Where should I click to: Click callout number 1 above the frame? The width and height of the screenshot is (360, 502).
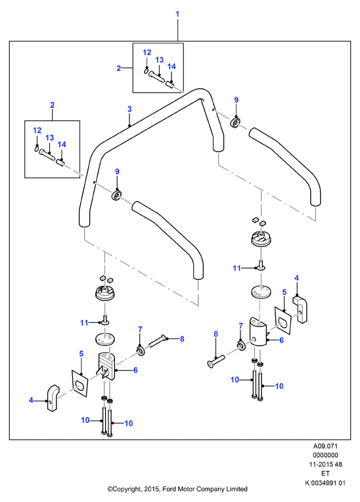[177, 14]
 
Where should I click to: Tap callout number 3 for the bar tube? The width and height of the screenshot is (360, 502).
[129, 109]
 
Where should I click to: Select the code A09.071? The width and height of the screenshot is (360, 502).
[325, 446]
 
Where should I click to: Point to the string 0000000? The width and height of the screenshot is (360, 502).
[325, 455]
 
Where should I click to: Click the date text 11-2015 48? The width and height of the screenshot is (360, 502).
[325, 465]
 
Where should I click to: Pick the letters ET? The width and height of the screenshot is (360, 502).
[325, 473]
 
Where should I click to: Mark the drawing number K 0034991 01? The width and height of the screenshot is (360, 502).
[325, 483]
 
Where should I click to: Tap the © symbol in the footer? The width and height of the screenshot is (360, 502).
[110, 490]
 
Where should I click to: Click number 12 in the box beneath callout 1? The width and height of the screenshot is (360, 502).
[147, 53]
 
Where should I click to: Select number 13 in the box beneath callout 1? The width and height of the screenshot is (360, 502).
[160, 60]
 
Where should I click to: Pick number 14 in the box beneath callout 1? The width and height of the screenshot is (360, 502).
[171, 66]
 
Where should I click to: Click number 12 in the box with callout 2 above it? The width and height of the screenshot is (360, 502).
[37, 130]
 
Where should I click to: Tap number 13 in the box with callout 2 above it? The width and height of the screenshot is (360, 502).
[50, 138]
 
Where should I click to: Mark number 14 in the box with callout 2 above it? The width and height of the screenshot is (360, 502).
[62, 145]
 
